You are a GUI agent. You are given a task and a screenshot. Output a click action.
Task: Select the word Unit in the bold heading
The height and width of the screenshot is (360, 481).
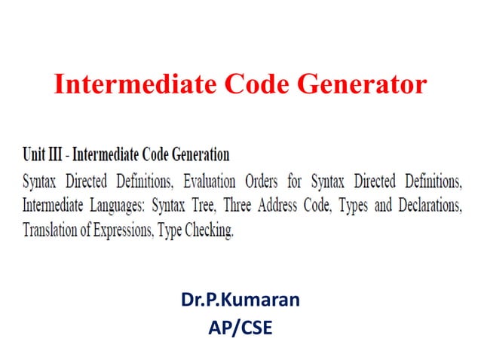(34, 156)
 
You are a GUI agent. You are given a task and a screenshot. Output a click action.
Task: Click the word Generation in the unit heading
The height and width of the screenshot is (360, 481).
(198, 156)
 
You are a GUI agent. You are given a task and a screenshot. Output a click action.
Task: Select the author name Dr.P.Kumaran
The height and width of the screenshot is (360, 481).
(240, 301)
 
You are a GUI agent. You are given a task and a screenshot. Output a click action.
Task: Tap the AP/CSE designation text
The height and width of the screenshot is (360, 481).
(240, 328)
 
